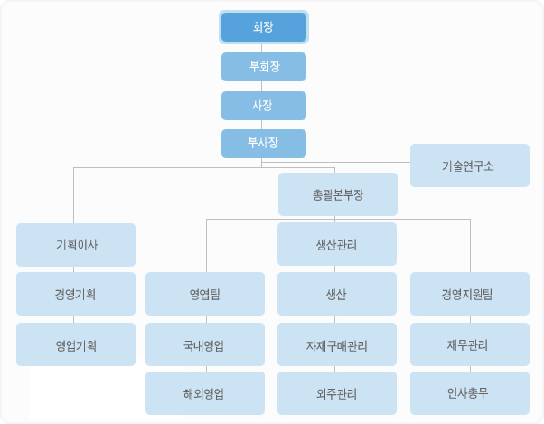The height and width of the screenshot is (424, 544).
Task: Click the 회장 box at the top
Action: (x=264, y=27)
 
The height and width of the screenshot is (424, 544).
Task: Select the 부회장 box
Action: (x=264, y=67)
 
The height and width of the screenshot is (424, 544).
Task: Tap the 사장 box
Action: (x=264, y=105)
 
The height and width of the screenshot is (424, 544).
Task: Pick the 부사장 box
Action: (x=264, y=144)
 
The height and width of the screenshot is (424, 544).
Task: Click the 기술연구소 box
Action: (x=469, y=165)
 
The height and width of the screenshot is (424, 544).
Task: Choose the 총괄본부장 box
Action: (x=338, y=194)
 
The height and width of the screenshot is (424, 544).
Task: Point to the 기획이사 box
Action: (x=76, y=245)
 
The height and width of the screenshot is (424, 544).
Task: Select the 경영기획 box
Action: (x=76, y=294)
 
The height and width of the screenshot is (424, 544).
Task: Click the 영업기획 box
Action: (x=76, y=344)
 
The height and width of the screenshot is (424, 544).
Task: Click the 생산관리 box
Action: (x=336, y=244)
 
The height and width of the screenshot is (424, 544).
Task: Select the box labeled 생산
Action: (x=336, y=294)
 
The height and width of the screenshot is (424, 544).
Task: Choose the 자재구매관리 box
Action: (x=336, y=344)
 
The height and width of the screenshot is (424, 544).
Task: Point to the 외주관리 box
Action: (x=336, y=393)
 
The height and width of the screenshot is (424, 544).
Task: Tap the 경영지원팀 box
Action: (x=469, y=294)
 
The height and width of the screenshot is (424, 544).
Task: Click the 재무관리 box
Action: (x=469, y=344)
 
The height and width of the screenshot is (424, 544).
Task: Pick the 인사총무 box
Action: (x=469, y=393)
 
